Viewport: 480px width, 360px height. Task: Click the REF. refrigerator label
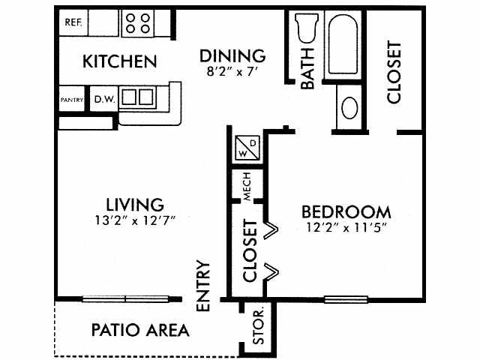(73, 22)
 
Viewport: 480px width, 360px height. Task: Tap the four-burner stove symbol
(138, 23)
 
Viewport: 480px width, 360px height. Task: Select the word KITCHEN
(120, 61)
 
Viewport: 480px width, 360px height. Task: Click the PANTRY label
(72, 100)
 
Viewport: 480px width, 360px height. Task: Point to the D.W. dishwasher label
(105, 99)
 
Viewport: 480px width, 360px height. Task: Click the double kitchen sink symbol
(137, 97)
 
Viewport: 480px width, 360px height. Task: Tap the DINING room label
(232, 55)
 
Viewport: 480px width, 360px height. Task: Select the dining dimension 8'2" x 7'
(231, 72)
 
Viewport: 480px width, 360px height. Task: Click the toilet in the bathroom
(306, 28)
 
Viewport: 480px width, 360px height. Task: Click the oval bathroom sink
(349, 108)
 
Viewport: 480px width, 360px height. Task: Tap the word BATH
(307, 68)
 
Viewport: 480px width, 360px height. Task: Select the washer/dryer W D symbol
(247, 148)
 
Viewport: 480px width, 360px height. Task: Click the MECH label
(247, 187)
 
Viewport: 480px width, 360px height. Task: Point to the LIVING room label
(135, 205)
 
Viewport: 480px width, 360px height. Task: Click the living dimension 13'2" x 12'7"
(135, 220)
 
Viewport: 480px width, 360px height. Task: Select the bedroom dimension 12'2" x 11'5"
(346, 228)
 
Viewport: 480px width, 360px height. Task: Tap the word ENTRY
(203, 286)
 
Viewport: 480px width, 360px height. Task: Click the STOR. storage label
(258, 327)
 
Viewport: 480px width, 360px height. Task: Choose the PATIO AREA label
(140, 330)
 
